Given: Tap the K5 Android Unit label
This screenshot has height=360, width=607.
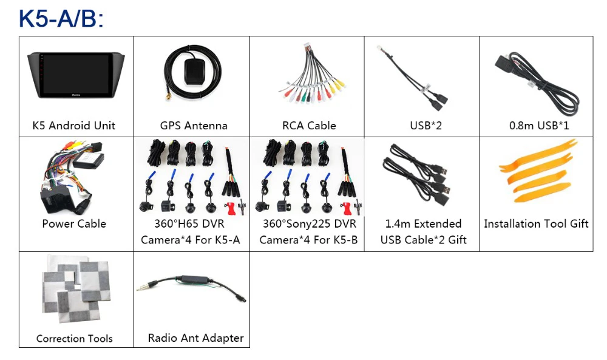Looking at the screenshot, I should pyautogui.click(x=74, y=126).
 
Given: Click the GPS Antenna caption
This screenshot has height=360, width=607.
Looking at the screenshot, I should pyautogui.click(x=194, y=126).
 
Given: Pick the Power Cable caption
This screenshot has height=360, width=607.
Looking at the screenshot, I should pyautogui.click(x=74, y=223).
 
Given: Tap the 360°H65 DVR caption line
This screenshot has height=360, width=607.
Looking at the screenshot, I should pyautogui.click(x=191, y=223).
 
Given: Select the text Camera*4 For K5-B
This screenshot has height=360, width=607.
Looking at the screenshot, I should pyautogui.click(x=308, y=240).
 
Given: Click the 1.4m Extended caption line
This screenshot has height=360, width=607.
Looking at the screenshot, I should pyautogui.click(x=423, y=223).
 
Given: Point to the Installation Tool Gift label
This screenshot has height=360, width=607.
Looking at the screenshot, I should pyautogui.click(x=536, y=223).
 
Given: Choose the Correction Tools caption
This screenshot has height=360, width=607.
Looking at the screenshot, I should pyautogui.click(x=74, y=338).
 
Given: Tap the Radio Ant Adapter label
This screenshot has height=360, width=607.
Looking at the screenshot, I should pyautogui.click(x=195, y=338).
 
